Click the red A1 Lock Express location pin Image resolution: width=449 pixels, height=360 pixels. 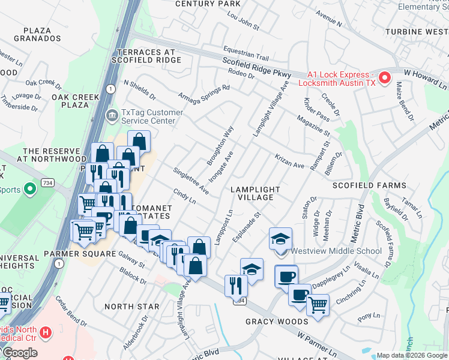pos(384,78)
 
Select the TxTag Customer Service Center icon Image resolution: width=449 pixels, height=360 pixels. pos(112,115)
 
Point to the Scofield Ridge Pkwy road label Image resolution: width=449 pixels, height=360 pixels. pos(256,67)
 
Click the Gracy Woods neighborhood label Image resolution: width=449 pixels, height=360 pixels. pos(277,322)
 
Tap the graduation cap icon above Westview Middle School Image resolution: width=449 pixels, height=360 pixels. pos(280,238)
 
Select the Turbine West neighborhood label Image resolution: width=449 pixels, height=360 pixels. pos(417,31)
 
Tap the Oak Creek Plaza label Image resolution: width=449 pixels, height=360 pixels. pos(70,101)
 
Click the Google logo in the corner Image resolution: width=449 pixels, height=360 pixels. pos(20,353)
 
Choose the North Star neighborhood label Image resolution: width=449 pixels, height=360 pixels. pos(132,307)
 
